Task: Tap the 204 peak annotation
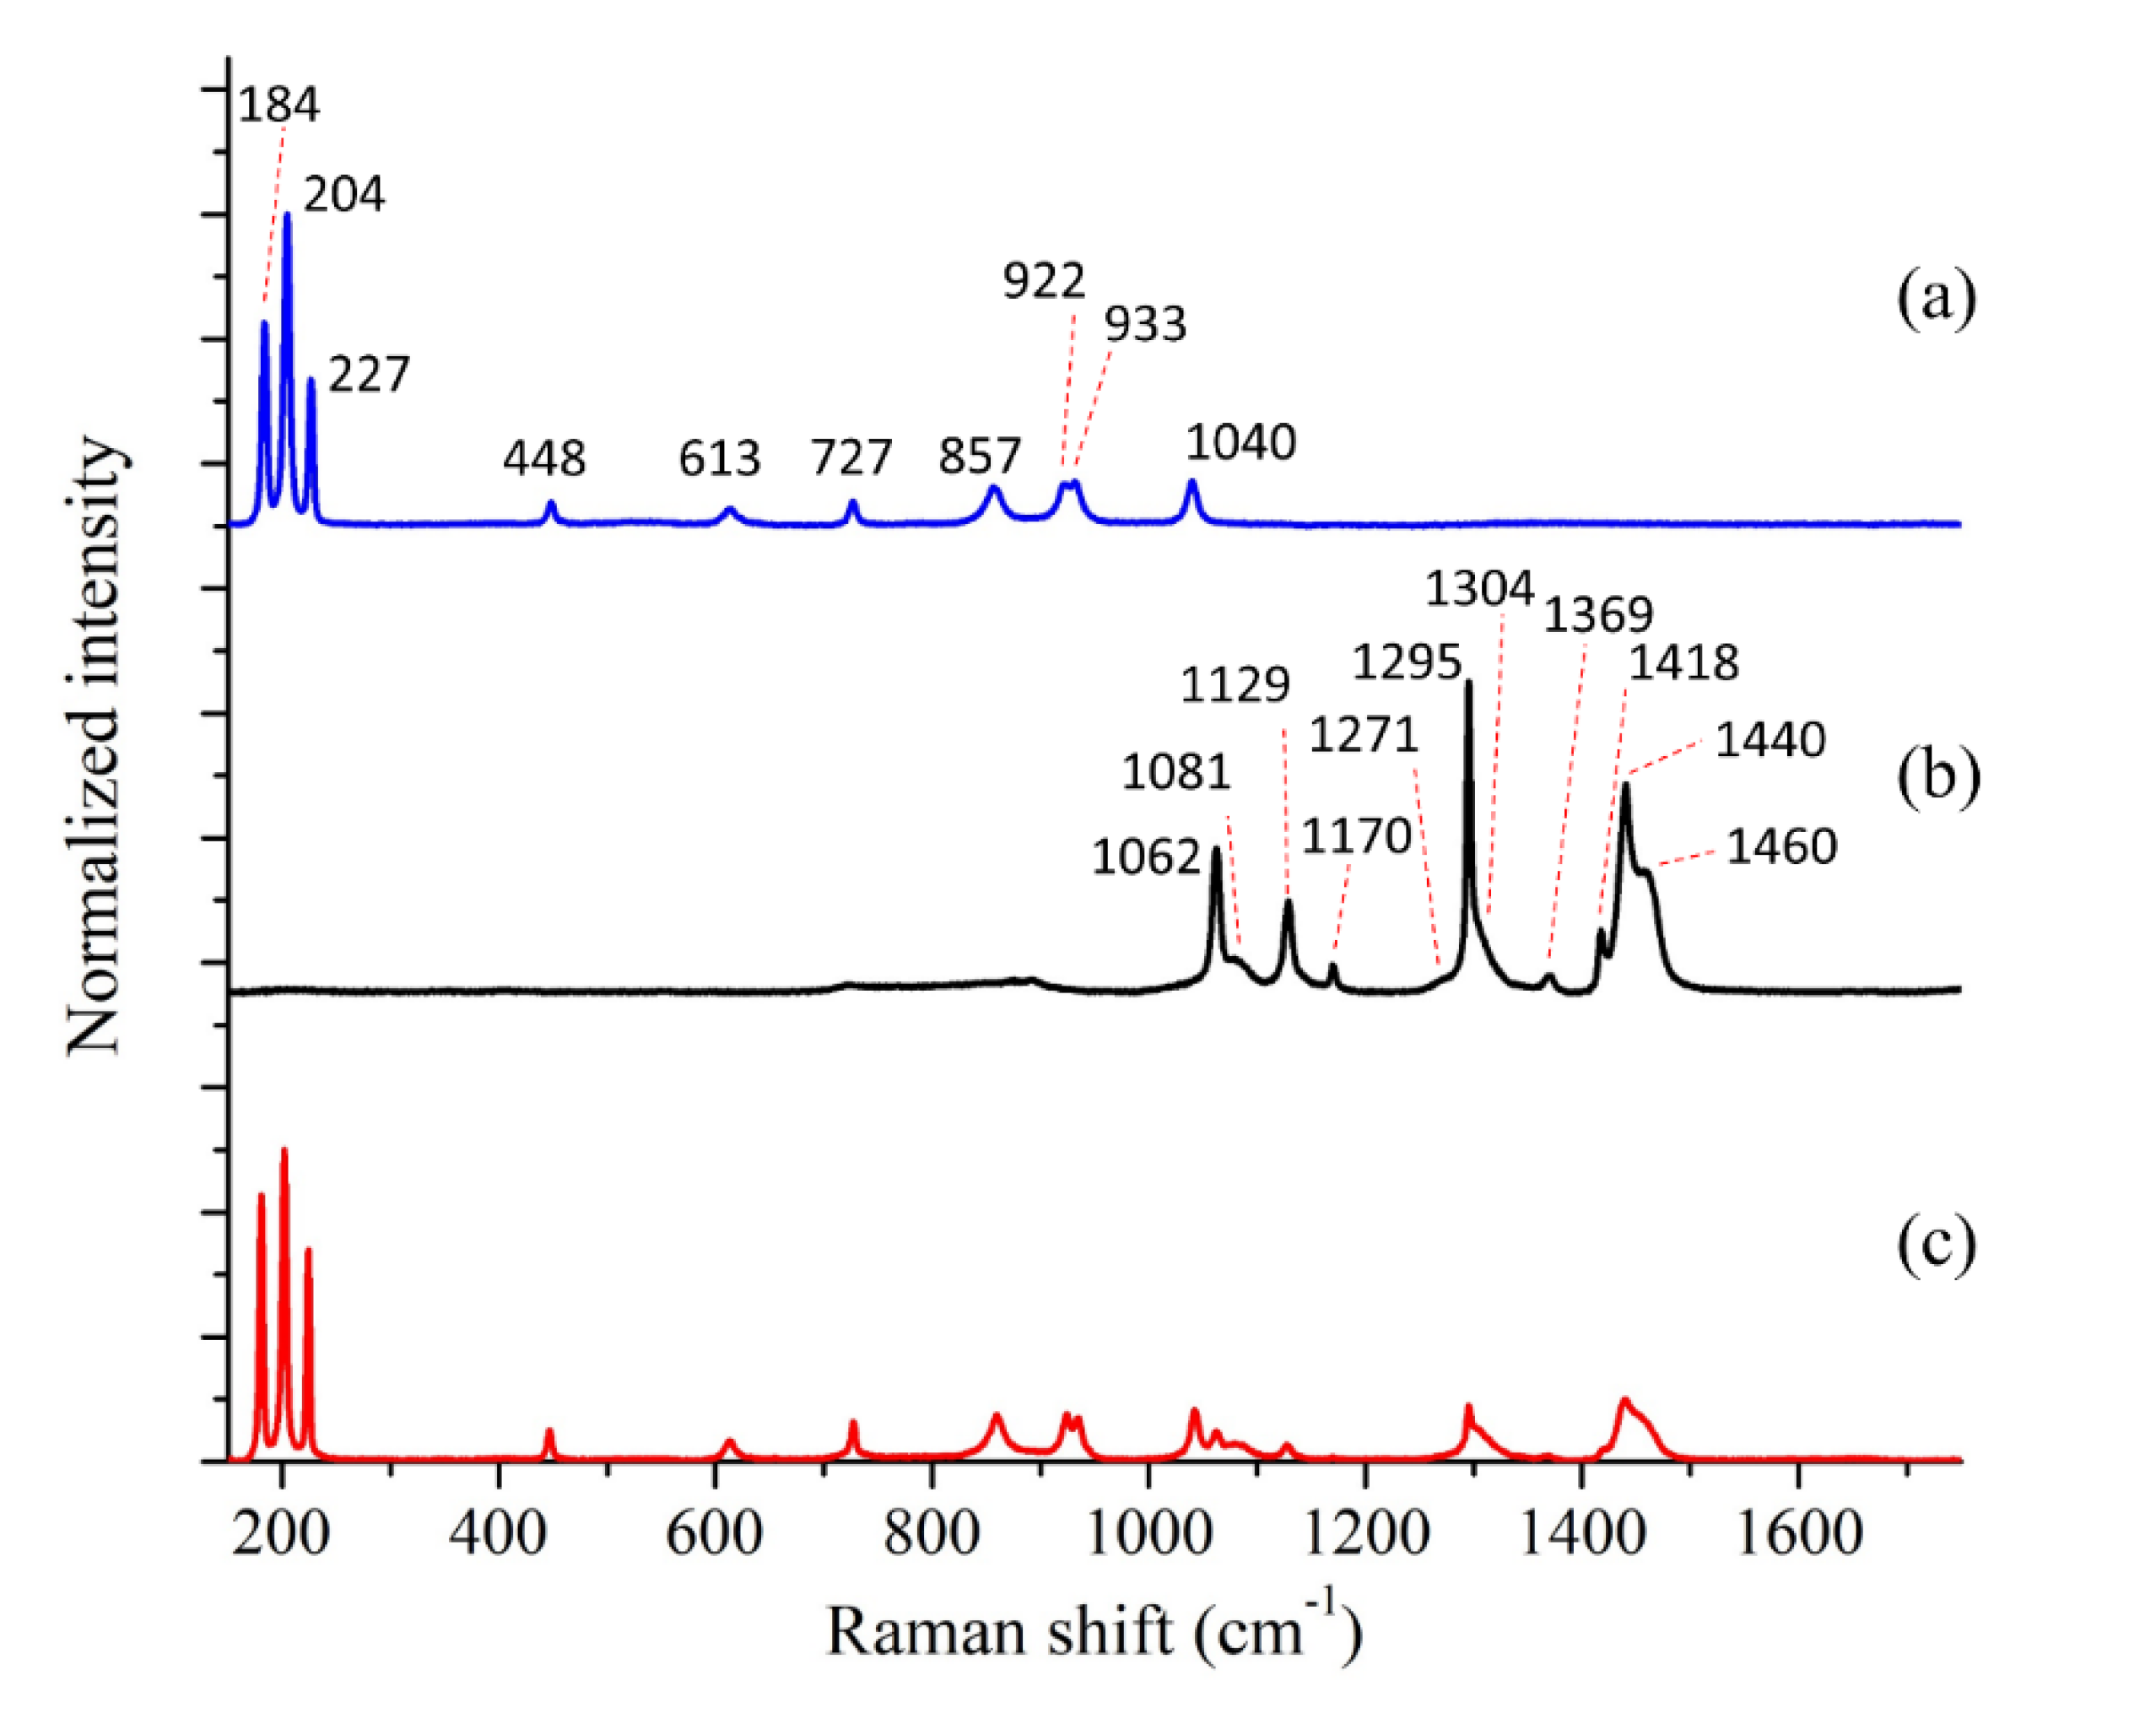tap(343, 195)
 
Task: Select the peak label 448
tap(544, 458)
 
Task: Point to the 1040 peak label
tap(1241, 443)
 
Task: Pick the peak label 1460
tap(1781, 847)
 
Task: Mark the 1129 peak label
tap(1235, 684)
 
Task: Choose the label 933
tap(1145, 325)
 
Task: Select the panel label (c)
tap(1937, 1242)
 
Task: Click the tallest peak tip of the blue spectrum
tap(287, 214)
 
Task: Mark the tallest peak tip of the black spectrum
tap(1468, 682)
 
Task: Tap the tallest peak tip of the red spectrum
tap(284, 1150)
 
